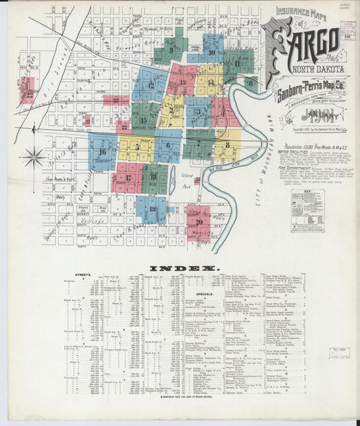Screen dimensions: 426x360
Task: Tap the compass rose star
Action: (33, 158)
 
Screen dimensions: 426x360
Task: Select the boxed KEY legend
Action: (307, 210)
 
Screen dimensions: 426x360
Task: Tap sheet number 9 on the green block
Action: (171, 49)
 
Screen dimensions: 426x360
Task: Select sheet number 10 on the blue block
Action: (212, 52)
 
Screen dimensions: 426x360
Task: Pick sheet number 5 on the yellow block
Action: (137, 147)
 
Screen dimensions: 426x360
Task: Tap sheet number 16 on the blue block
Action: (102, 152)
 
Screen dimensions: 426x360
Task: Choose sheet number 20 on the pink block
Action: (198, 221)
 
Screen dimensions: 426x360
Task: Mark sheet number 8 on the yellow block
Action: (228, 144)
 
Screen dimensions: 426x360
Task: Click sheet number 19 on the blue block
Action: (153, 209)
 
